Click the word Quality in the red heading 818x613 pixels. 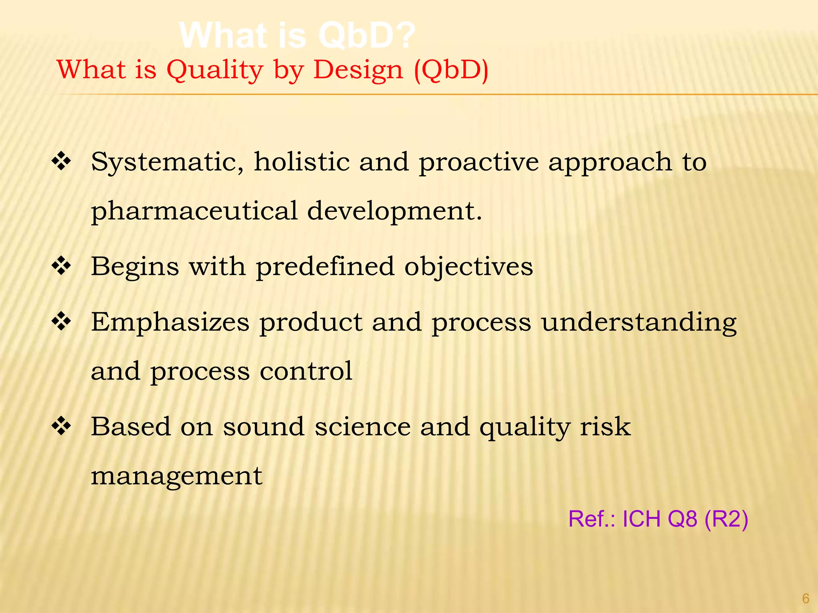(x=214, y=70)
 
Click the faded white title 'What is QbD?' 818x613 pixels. (x=298, y=36)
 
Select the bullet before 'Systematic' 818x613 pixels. (x=61, y=162)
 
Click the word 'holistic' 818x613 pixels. (x=302, y=162)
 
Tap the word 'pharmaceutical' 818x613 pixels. (x=194, y=212)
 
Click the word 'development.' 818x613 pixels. (x=395, y=212)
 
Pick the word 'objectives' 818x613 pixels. (x=469, y=267)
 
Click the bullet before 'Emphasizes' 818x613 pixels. (x=61, y=322)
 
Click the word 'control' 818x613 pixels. (x=306, y=371)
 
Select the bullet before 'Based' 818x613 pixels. (x=61, y=426)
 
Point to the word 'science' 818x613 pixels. (x=362, y=427)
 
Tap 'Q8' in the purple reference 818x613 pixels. (x=682, y=519)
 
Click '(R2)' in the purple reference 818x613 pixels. (x=726, y=519)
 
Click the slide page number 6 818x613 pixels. (x=806, y=599)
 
